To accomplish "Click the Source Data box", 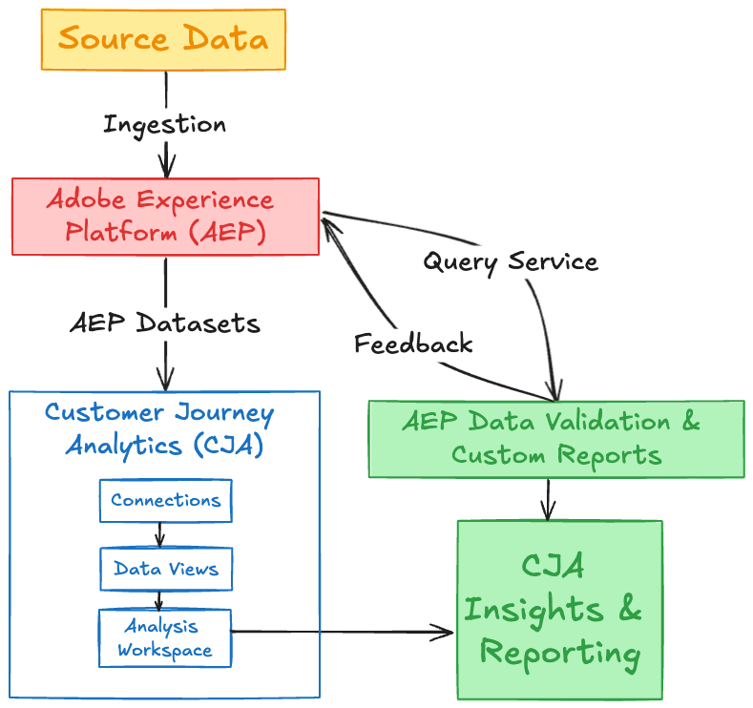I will click(163, 39).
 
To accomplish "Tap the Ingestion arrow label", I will click(164, 124).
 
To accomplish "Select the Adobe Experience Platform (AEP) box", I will click(165, 216).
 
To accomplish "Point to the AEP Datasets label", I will click(164, 323).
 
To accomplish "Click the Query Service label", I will click(511, 261).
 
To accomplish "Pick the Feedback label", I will click(413, 344).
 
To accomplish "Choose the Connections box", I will click(165, 500).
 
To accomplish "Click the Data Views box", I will click(165, 570).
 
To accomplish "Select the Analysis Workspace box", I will click(165, 638).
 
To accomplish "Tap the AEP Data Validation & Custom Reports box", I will click(555, 438).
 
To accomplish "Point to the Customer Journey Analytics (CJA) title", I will click(159, 428).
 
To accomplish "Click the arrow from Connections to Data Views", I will click(160, 534).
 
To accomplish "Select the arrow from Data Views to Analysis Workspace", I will click(160, 600).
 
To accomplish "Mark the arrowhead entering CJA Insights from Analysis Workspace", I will click(445, 631).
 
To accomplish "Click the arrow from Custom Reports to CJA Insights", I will click(547, 498).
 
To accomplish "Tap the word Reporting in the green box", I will click(559, 654).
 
